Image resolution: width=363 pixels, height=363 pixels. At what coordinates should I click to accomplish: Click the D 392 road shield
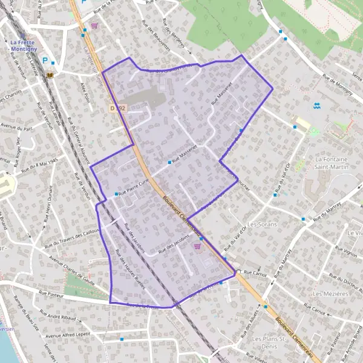(118, 108)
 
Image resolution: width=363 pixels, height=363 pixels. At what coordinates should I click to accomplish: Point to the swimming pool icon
(317, 106)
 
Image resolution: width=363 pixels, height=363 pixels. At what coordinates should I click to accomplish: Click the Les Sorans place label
(261, 224)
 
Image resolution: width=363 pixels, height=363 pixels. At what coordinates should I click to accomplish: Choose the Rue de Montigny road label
(338, 84)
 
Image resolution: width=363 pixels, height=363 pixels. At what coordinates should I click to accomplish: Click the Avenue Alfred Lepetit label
(68, 335)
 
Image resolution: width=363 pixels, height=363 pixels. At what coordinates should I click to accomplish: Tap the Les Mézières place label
(327, 293)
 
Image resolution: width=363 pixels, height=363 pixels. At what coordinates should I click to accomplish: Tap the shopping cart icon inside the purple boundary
(197, 246)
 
